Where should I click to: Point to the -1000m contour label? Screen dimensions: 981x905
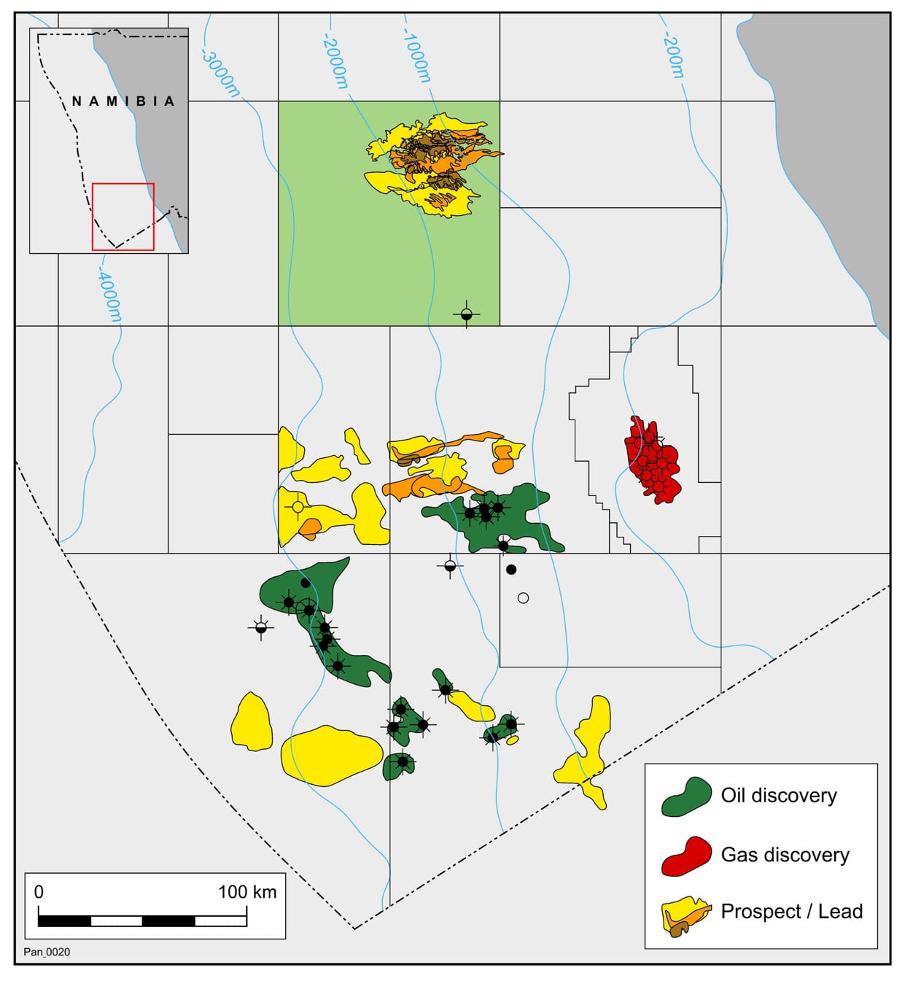(416, 57)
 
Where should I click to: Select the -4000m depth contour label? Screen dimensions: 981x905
(109, 295)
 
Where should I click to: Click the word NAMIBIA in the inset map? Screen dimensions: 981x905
(123, 101)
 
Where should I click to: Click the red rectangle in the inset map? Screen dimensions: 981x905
(123, 217)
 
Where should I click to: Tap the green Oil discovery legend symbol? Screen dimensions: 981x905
(685, 796)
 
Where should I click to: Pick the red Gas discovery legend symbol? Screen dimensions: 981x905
(685, 855)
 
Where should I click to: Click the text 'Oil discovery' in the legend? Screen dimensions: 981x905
(779, 795)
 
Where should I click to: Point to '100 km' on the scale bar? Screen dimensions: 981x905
(247, 891)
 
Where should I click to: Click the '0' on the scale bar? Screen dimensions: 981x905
(39, 891)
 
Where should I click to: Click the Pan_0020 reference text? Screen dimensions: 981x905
(47, 952)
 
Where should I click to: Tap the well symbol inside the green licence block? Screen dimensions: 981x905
(467, 315)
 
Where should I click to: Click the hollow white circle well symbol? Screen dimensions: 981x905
(523, 598)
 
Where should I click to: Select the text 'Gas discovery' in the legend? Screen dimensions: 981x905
(785, 855)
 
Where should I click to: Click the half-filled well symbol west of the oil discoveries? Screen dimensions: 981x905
(261, 627)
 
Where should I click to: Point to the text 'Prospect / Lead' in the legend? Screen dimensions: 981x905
(791, 912)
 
